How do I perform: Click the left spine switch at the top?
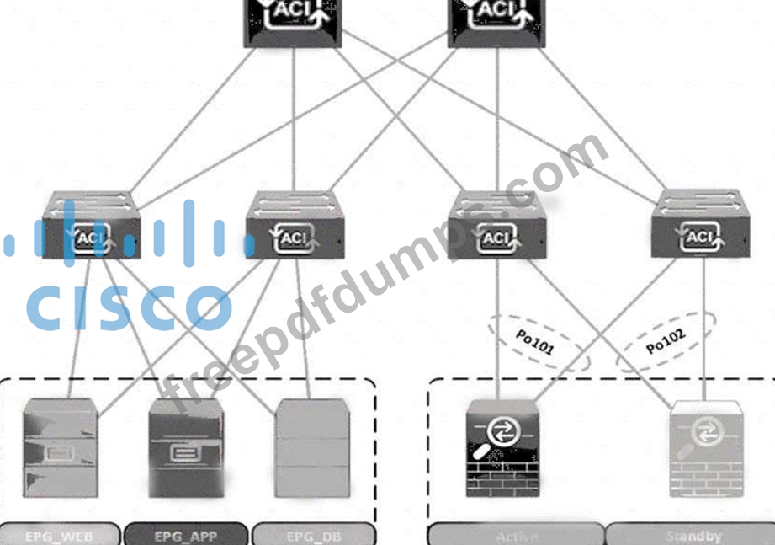(294, 20)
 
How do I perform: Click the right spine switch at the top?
(497, 20)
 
